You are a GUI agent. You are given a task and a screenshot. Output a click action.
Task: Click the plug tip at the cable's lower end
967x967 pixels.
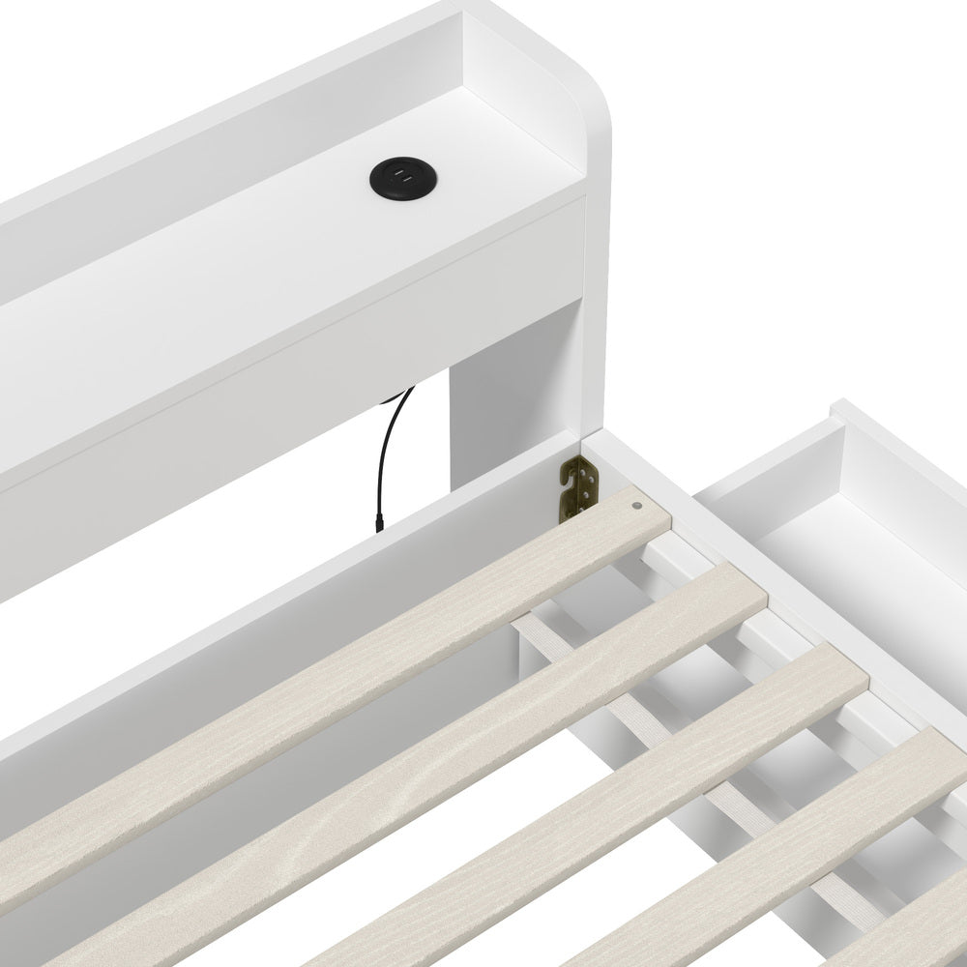pos(379,523)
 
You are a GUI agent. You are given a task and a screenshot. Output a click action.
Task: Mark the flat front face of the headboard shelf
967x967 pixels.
pos(290,319)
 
